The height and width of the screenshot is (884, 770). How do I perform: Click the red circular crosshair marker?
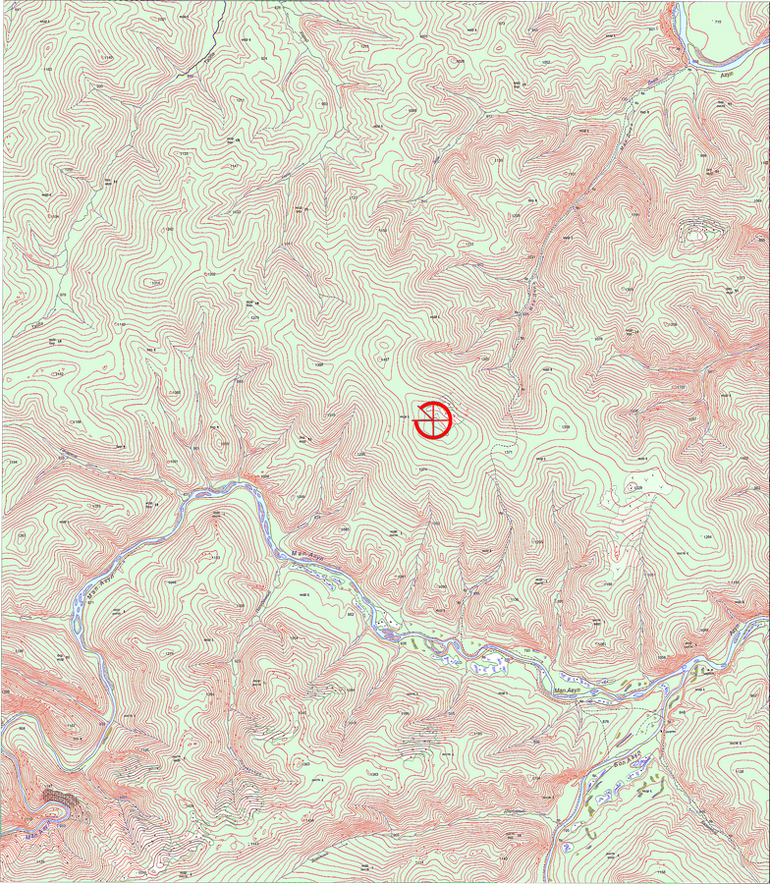pyautogui.click(x=432, y=419)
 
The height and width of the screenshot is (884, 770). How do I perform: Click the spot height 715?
pyautogui.click(x=718, y=21)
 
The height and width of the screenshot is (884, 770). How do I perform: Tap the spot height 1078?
pyautogui.click(x=598, y=339)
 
